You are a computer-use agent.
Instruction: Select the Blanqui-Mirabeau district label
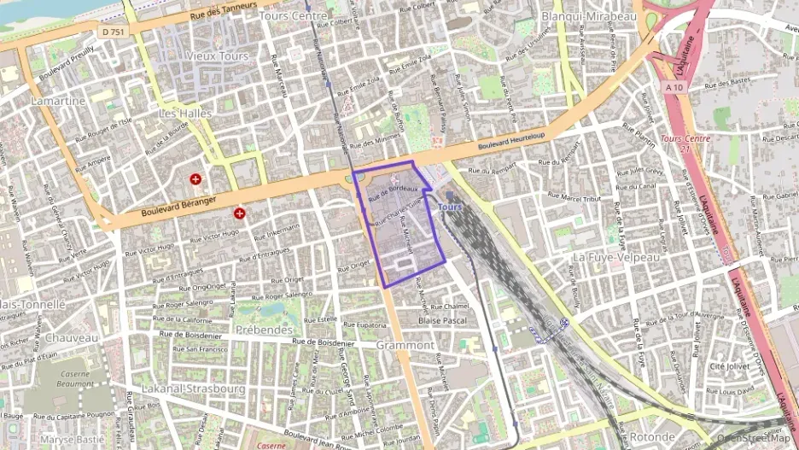click(591, 16)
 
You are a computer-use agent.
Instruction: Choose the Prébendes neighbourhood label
click(265, 329)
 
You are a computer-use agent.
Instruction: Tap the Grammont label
click(405, 345)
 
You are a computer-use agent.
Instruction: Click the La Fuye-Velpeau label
click(616, 256)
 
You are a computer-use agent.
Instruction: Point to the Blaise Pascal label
click(443, 320)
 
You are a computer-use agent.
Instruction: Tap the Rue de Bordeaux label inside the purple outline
click(392, 195)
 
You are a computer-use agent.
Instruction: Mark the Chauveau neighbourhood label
click(72, 337)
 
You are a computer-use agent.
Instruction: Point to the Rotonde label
click(652, 436)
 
